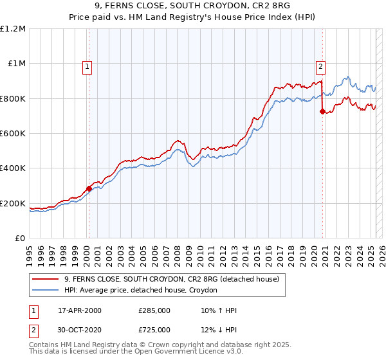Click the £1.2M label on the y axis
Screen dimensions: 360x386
point(14,29)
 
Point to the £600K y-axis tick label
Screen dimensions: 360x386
point(14,134)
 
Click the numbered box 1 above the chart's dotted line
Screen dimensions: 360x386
point(87,65)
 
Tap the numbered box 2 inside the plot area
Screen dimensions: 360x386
point(320,65)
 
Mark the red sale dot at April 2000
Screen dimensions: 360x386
point(89,188)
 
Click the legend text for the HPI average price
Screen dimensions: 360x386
point(141,291)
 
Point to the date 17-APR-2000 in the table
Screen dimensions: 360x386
point(80,310)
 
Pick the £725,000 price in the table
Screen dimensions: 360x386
point(154,330)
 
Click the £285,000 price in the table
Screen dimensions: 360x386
point(154,310)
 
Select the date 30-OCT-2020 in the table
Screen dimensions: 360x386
point(80,330)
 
